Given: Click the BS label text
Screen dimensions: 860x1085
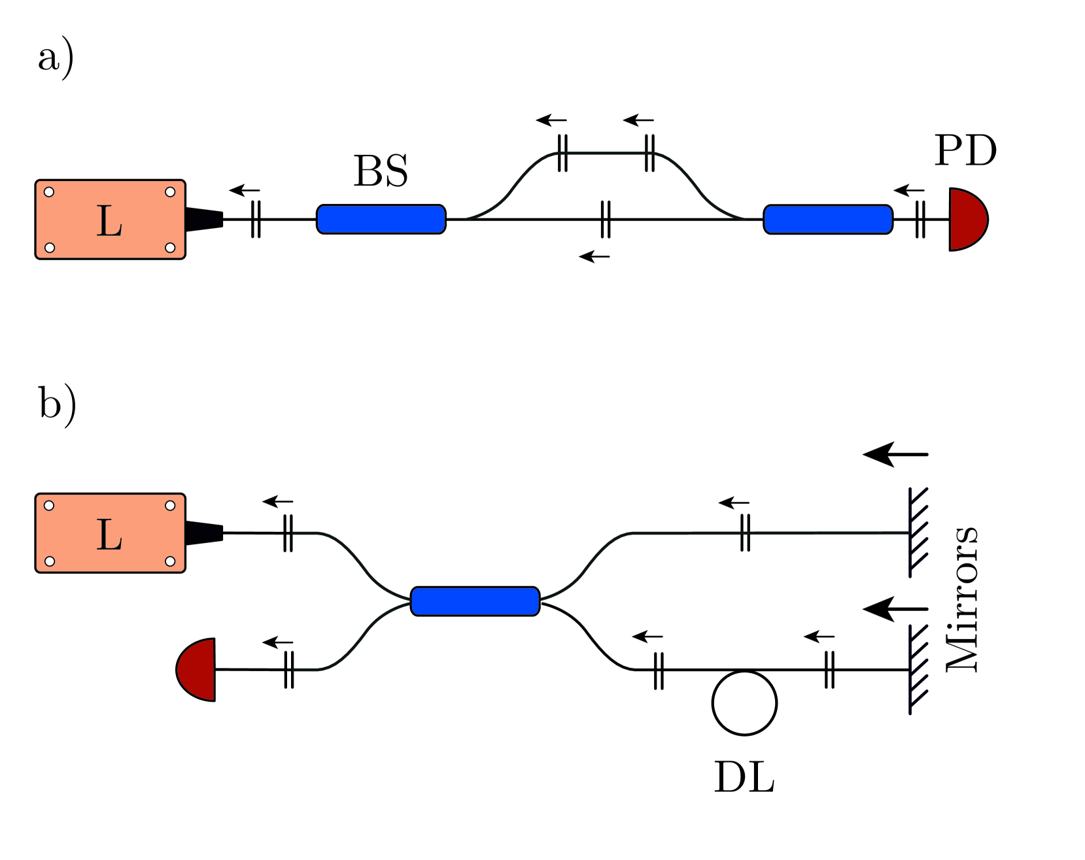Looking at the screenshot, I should (381, 171).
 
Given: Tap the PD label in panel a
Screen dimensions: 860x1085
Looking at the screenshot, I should (965, 151).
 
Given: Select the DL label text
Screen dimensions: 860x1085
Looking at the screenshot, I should (744, 778).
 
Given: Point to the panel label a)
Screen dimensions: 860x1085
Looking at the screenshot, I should (56, 59).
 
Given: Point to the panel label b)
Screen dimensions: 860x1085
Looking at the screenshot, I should (57, 405).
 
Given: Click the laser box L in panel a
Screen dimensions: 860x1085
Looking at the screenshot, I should (110, 220).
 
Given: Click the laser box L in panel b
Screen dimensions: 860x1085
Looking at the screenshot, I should (110, 533).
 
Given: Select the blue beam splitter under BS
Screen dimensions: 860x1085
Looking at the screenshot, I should (381, 220).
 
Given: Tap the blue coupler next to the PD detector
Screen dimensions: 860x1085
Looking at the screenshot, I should (828, 220).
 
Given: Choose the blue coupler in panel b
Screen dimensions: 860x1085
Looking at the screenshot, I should (475, 601).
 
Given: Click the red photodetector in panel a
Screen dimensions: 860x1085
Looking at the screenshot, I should (966, 220).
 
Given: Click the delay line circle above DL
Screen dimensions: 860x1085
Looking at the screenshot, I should (744, 703).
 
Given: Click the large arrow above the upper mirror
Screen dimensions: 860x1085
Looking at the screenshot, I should (895, 454).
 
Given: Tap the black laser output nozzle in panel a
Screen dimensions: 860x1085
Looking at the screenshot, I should (205, 220).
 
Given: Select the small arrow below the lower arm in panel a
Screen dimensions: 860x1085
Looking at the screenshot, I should (594, 257).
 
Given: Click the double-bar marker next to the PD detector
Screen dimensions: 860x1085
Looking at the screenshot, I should (920, 220).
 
